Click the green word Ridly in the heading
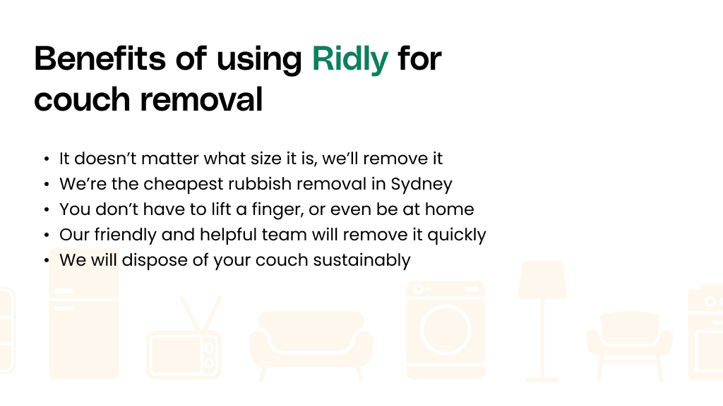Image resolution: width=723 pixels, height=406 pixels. click(x=350, y=59)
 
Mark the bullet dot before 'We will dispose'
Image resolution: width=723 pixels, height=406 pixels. click(x=47, y=261)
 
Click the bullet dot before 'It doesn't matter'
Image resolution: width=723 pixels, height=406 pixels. click(x=47, y=159)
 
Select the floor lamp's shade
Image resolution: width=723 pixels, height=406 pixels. click(x=542, y=280)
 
